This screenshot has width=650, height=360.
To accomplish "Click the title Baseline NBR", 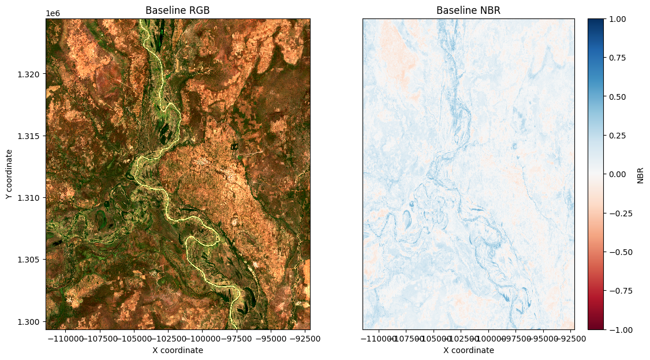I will [x=468, y=10].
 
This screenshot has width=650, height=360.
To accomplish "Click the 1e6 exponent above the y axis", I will [x=53, y=13].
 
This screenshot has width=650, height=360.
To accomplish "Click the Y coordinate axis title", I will [x=9, y=174].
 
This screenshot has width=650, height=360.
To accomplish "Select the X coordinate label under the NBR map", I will [x=468, y=350].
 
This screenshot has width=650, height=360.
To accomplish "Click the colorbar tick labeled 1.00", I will [x=617, y=18].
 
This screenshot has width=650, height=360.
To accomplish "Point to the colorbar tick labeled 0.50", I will [x=617, y=96].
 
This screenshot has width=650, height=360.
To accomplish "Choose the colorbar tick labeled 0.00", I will [x=617, y=174].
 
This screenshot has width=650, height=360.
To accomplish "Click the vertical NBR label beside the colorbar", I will [x=640, y=174].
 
